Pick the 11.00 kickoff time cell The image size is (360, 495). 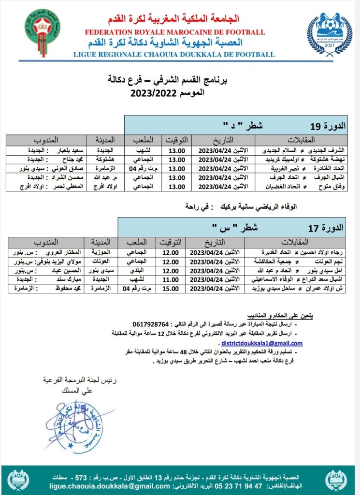tap(173, 279)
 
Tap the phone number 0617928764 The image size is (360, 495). tap(150, 323)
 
